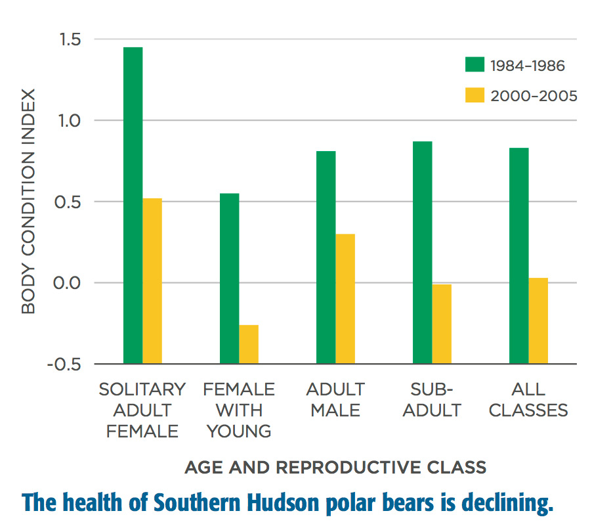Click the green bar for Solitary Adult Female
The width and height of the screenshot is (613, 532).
click(x=133, y=206)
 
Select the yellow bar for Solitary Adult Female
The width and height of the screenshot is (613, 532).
click(x=152, y=281)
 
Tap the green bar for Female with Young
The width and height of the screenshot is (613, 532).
click(x=230, y=278)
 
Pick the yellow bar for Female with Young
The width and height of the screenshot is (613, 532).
click(x=249, y=344)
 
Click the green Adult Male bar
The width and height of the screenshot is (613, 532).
click(x=326, y=257)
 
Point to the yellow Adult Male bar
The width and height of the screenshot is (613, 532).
click(x=345, y=299)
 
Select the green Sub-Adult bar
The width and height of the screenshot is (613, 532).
click(x=423, y=252)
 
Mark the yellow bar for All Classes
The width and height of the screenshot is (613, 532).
click(x=538, y=321)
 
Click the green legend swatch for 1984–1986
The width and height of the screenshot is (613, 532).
click(x=475, y=64)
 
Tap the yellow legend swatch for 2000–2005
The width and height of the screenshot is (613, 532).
click(x=475, y=95)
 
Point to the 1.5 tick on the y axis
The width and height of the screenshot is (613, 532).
click(x=70, y=39)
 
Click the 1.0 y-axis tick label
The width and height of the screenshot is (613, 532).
click(x=70, y=121)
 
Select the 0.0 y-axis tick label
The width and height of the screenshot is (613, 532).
click(x=67, y=283)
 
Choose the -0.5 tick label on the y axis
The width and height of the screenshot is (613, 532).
click(x=64, y=365)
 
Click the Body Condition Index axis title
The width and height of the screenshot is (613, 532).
click(x=28, y=202)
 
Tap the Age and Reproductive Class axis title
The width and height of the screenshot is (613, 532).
click(x=335, y=467)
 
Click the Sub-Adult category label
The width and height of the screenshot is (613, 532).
click(x=432, y=400)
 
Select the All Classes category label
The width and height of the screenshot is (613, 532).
click(x=528, y=400)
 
